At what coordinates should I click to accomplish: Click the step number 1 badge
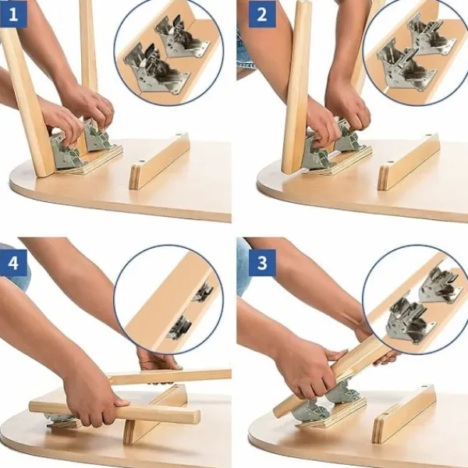[x=13, y=14]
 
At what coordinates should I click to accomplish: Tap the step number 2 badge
[x=262, y=14]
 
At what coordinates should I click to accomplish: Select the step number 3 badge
[x=262, y=263]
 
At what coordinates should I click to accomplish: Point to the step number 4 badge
[x=13, y=263]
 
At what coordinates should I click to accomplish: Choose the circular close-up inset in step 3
[x=416, y=300]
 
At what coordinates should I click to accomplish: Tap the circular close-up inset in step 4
[x=168, y=300]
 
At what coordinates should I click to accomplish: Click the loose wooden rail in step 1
[x=159, y=161]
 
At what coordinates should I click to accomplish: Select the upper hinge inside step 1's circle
[x=183, y=37]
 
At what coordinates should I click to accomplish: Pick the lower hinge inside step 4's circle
[x=179, y=328]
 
